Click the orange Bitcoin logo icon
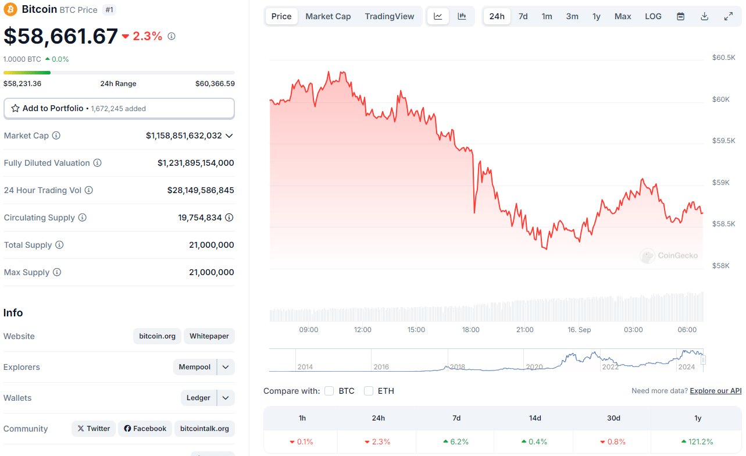click(10, 9)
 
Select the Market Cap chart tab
click(328, 16)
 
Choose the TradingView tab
click(389, 16)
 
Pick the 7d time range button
click(523, 16)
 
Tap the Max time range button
click(622, 16)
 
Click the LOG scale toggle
click(653, 16)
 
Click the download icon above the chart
click(704, 16)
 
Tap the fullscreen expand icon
click(728, 16)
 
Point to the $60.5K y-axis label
click(723, 58)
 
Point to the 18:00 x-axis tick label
click(470, 330)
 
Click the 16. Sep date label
click(579, 330)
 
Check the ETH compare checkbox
click(369, 391)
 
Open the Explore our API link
click(715, 391)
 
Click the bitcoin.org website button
click(157, 336)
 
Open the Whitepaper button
click(209, 336)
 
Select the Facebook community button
click(145, 429)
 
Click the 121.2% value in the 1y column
click(698, 442)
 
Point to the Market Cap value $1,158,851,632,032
click(184, 136)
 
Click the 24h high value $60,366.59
click(215, 84)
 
